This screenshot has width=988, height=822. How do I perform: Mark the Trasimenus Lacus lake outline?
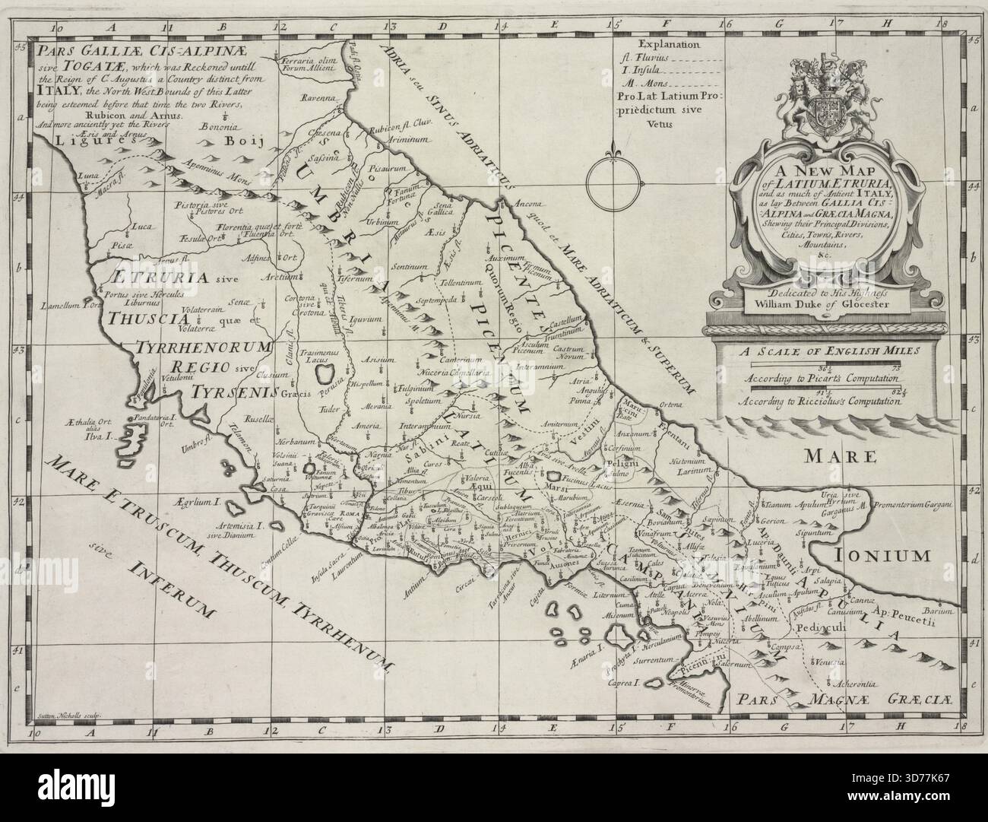[325, 373]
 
